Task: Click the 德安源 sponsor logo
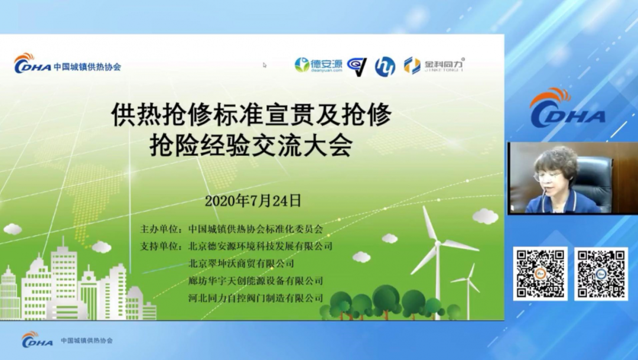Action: pos(318,65)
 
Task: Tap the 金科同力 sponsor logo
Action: pos(434,65)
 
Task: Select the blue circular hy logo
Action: pos(385,66)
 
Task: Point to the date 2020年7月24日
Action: pos(253,201)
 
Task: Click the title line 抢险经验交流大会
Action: pos(250,146)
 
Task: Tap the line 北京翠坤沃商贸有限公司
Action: pos(241,264)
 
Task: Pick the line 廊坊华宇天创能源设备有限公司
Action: pos(256,281)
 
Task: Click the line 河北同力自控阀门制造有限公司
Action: pos(256,298)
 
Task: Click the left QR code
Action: pos(540,274)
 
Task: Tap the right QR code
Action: pos(601,274)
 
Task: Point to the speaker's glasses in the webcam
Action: pos(548,176)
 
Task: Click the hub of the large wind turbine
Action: pos(438,244)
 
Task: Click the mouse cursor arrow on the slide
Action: pos(265,65)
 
